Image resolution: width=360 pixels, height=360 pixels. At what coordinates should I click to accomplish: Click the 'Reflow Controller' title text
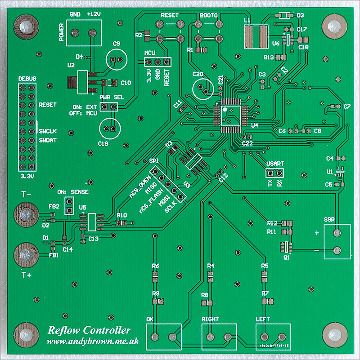[89, 331]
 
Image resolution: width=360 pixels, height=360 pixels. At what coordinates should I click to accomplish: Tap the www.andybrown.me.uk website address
[93, 342]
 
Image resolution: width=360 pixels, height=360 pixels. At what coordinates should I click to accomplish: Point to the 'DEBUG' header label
[27, 79]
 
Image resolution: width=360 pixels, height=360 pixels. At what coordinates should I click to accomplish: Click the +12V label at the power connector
[93, 14]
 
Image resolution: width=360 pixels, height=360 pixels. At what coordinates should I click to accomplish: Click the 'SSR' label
[330, 220]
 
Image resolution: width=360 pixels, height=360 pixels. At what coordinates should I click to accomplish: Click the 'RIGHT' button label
[210, 319]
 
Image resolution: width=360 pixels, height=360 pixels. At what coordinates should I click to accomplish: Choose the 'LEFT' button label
[263, 319]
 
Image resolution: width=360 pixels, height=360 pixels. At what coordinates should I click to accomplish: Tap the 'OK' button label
[150, 319]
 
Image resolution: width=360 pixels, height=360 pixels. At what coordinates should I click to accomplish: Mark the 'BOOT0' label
[209, 15]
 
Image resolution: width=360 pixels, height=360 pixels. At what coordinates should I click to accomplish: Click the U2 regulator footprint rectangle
[82, 82]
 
